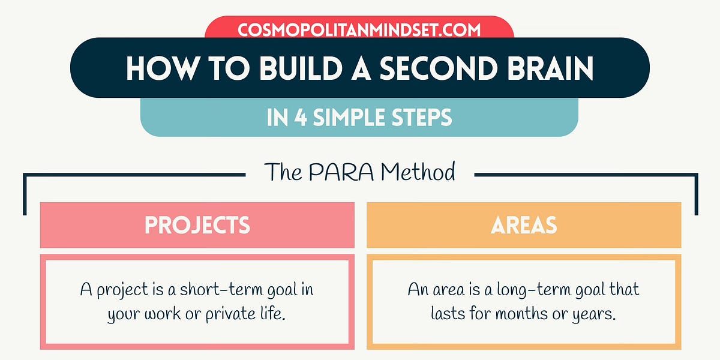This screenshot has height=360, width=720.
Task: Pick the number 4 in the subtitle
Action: coord(298,118)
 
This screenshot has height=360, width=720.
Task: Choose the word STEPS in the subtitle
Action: coord(422,118)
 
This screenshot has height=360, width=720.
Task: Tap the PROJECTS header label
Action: coord(197,225)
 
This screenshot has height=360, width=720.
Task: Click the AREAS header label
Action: coord(523,225)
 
